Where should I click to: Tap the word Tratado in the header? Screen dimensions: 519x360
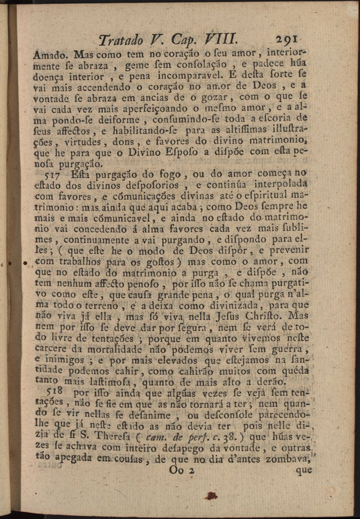[119, 39]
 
